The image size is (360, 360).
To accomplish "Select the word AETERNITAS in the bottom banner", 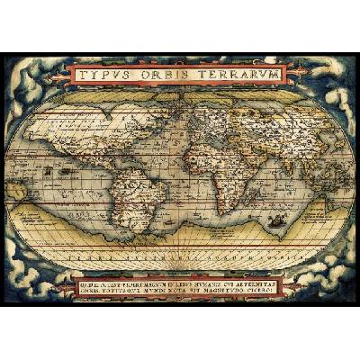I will [274, 279].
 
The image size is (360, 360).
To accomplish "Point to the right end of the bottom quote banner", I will [310, 285].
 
